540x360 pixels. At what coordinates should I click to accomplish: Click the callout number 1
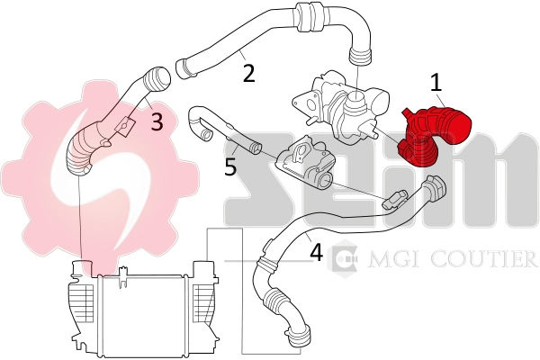pyautogui.click(x=436, y=84)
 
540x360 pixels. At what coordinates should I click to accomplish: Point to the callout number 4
pyautogui.click(x=315, y=253)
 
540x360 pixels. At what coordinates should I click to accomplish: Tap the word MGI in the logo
pyautogui.click(x=384, y=260)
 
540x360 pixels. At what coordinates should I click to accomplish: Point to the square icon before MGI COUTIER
pyautogui.click(x=345, y=260)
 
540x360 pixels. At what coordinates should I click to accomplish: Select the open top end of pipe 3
pyautogui.click(x=158, y=76)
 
